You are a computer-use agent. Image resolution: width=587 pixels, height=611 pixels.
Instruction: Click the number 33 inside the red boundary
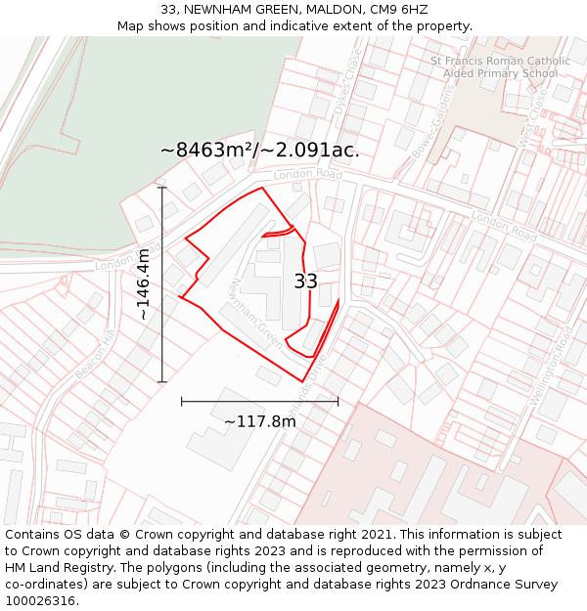[x=305, y=282]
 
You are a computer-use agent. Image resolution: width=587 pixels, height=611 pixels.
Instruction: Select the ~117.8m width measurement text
[x=260, y=421]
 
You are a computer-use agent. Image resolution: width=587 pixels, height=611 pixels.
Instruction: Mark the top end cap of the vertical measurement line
[x=162, y=188]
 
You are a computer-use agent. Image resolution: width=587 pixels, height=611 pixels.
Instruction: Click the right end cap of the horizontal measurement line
[x=339, y=400]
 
